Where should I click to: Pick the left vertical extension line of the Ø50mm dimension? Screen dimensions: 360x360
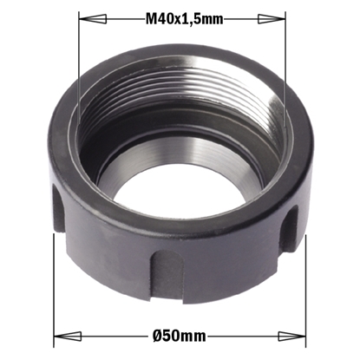point(54,286)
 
